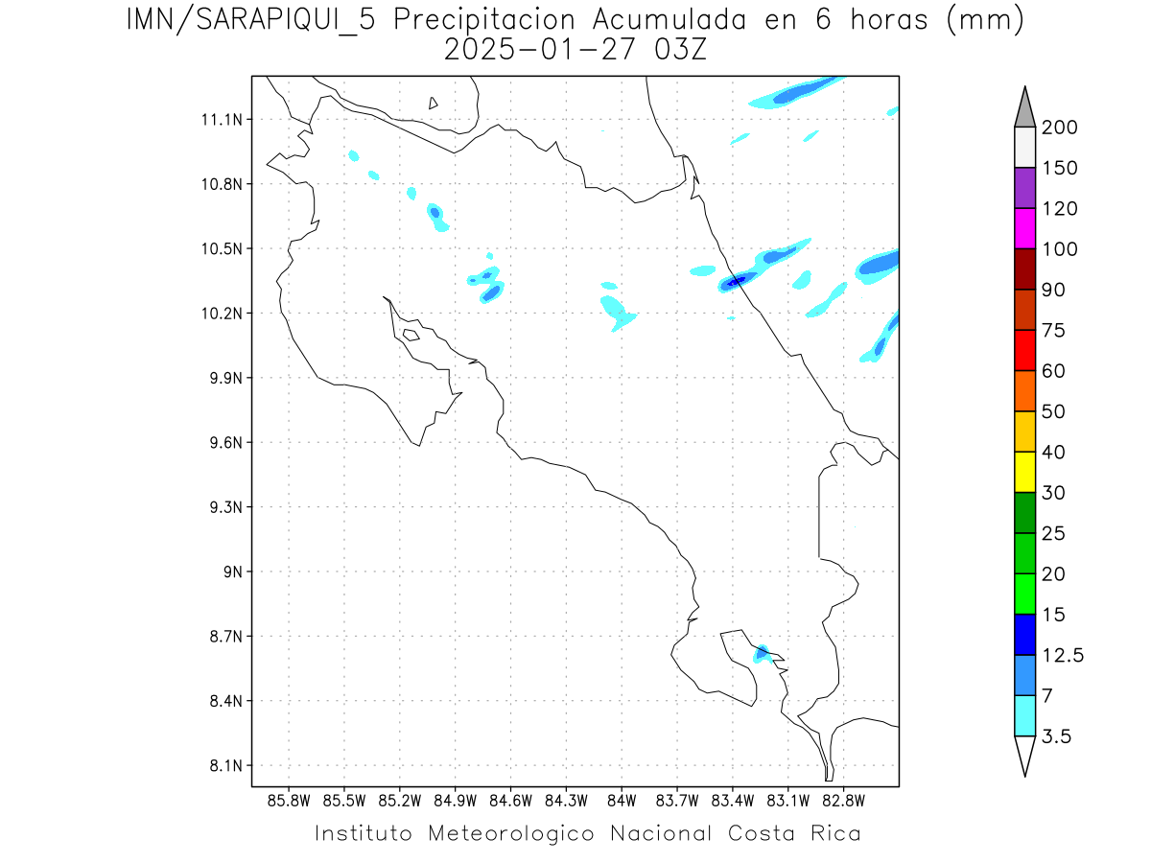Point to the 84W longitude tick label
622,801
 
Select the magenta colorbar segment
1024,228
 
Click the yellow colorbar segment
1024,472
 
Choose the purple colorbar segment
1024,188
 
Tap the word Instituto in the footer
364,833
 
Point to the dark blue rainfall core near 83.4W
735,281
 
